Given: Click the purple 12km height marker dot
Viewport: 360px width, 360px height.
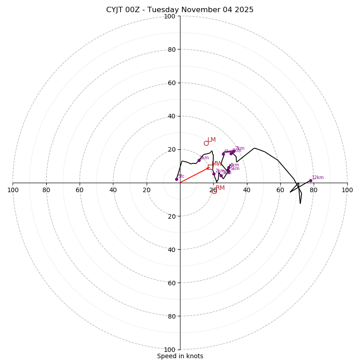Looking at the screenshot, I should click(x=310, y=180).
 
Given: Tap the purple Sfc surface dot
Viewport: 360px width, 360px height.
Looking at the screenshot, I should click(x=176, y=179).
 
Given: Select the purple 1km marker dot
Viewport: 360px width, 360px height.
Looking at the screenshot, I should click(x=199, y=160).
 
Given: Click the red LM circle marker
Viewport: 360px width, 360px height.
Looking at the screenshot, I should click(x=206, y=144).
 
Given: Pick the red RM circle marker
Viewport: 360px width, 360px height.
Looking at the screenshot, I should click(x=214, y=191).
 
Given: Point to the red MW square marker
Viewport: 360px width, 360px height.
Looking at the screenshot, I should click(x=210, y=167).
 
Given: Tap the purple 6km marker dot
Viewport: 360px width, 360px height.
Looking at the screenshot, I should click(x=223, y=154).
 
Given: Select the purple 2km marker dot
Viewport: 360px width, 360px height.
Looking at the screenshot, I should click(x=214, y=174).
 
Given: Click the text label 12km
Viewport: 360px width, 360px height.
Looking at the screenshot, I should click(x=318, y=177).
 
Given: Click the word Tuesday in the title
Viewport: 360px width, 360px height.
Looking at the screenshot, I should click(x=156, y=10).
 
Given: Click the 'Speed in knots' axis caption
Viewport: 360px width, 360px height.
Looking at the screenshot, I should click(x=180, y=356).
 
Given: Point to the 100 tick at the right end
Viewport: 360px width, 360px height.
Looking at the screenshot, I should click(x=347, y=190).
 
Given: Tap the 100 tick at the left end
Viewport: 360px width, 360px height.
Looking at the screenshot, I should click(x=13, y=190).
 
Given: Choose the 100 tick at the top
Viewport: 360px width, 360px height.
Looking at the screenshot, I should click(x=170, y=17).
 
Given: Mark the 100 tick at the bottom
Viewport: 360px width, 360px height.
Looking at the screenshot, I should click(x=170, y=349).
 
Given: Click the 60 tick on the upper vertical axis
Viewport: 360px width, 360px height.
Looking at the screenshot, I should click(x=171, y=83).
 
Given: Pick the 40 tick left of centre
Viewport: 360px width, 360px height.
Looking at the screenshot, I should click(x=113, y=190).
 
